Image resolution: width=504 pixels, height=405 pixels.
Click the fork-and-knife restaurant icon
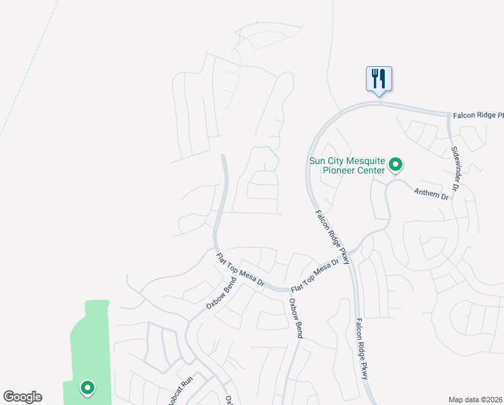pos(379,78)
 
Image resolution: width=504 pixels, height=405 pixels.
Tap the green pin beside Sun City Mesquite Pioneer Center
pos(397,164)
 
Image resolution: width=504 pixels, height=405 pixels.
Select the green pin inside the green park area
pos(87,387)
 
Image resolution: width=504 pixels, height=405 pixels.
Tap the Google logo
pos(22,397)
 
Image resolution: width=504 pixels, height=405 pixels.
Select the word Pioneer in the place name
pos(326,170)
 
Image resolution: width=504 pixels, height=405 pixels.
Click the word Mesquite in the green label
pos(365,161)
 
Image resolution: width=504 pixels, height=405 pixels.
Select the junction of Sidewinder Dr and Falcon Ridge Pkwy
pos(448,115)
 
